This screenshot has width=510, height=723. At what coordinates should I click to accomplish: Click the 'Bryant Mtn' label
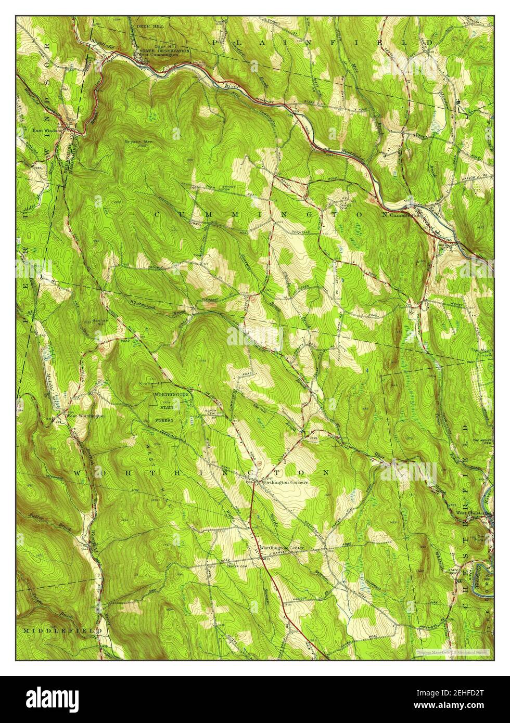[x=134, y=140]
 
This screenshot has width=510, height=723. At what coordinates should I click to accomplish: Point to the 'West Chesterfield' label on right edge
[x=474, y=512]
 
